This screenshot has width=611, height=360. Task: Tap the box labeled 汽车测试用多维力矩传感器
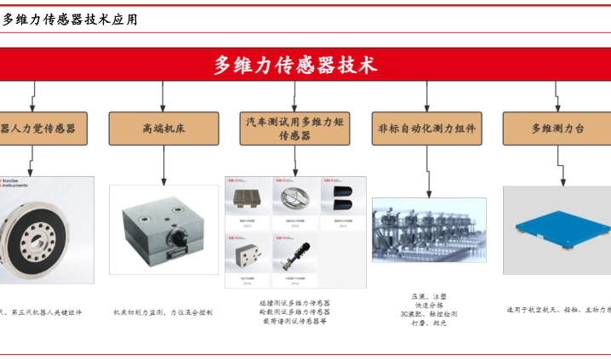click(x=294, y=129)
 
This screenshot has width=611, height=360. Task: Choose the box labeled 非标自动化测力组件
click(x=428, y=129)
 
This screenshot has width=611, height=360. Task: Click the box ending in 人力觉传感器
click(x=39, y=129)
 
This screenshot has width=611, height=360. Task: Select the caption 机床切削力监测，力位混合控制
click(x=163, y=312)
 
